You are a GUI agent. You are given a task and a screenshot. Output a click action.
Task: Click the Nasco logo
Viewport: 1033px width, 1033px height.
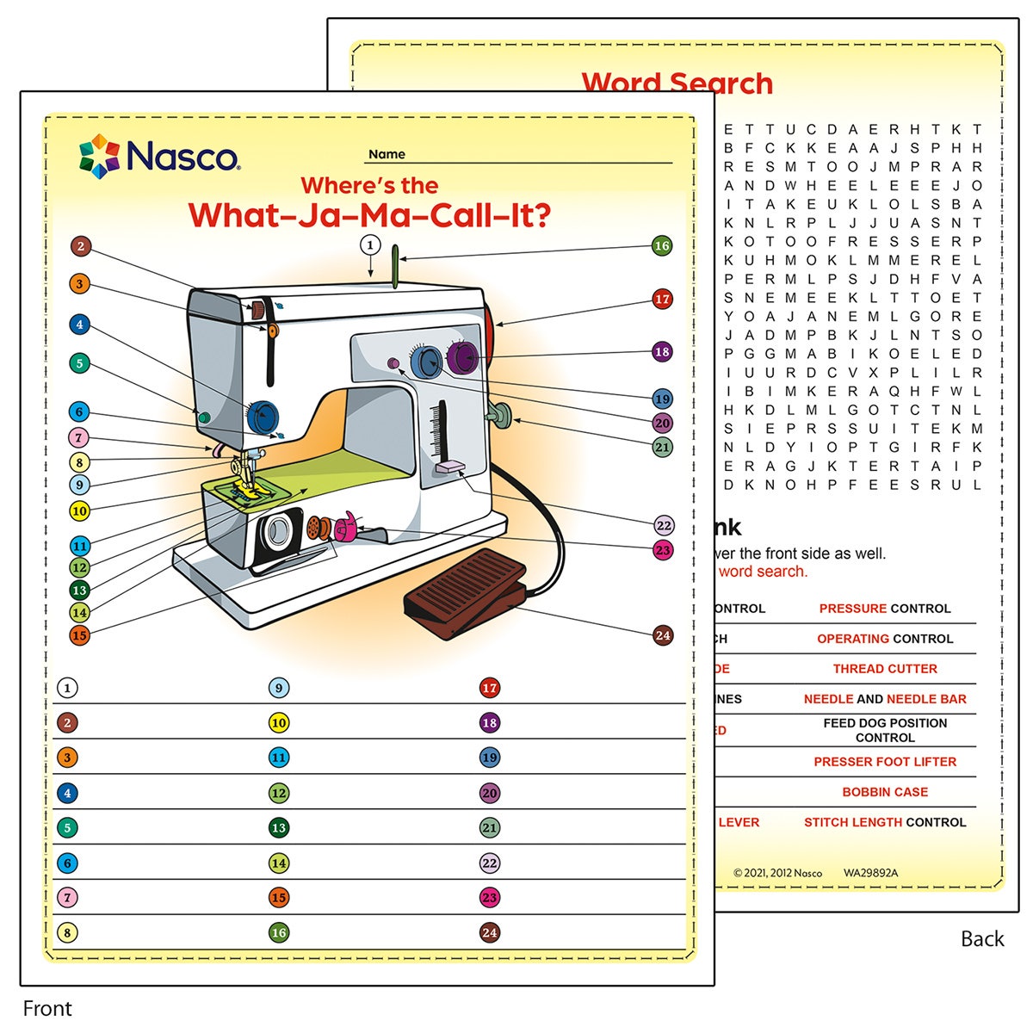pyautogui.click(x=159, y=156)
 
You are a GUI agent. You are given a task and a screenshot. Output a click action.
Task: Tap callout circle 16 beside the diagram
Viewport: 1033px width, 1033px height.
pyautogui.click(x=661, y=246)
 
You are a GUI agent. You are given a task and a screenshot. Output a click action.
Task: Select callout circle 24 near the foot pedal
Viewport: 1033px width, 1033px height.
pyautogui.click(x=662, y=635)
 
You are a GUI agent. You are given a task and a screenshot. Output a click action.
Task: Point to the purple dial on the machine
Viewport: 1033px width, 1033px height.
pyautogui.click(x=462, y=357)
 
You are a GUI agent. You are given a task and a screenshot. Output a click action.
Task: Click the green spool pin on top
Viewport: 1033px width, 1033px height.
pyautogui.click(x=395, y=266)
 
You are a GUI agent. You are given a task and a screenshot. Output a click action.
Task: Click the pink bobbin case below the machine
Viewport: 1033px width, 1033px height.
pyautogui.click(x=347, y=528)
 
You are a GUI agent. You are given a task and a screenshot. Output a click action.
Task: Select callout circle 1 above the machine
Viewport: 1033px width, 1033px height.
pyautogui.click(x=370, y=245)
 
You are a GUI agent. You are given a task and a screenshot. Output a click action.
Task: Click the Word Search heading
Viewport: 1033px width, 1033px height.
pyautogui.click(x=677, y=84)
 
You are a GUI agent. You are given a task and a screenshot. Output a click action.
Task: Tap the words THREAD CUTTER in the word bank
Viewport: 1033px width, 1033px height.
pyautogui.click(x=885, y=669)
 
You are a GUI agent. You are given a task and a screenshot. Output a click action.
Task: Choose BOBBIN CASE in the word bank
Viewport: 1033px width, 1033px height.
pyautogui.click(x=885, y=792)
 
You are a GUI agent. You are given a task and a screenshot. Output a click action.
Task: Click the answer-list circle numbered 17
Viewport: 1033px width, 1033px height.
pyautogui.click(x=490, y=688)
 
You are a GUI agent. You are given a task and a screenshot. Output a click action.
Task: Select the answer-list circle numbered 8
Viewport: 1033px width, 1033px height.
pyautogui.click(x=67, y=932)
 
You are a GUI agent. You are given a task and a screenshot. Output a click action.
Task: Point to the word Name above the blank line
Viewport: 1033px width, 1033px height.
pyautogui.click(x=387, y=154)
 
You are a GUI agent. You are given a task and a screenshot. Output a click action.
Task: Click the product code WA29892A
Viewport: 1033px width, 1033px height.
pyautogui.click(x=870, y=873)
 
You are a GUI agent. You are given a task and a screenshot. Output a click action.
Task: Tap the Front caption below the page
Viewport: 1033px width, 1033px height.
pyautogui.click(x=47, y=1008)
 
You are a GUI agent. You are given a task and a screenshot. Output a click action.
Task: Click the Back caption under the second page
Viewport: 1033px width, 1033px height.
pyautogui.click(x=982, y=938)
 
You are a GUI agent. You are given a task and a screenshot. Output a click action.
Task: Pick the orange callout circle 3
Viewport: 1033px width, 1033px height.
pyautogui.click(x=79, y=283)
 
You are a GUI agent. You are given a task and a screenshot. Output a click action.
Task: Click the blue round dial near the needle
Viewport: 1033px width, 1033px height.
pyautogui.click(x=263, y=417)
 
